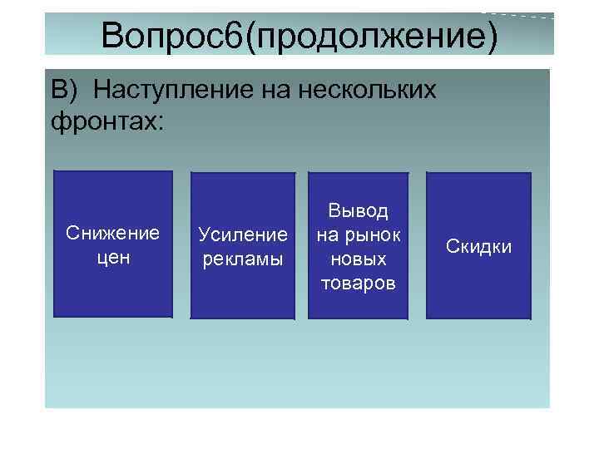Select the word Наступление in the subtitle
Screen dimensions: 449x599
tap(167, 89)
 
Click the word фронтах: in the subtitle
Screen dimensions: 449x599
tap(108, 121)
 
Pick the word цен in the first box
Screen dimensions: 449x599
tap(112, 258)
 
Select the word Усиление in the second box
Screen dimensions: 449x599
tap(242, 234)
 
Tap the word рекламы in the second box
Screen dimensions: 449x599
tap(242, 259)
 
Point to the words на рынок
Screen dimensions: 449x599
tap(359, 234)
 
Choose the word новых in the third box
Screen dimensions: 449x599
tap(359, 259)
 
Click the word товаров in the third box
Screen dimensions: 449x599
tap(359, 284)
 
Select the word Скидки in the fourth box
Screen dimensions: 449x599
tap(478, 247)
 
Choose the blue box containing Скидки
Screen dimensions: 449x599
tap(478, 291)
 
